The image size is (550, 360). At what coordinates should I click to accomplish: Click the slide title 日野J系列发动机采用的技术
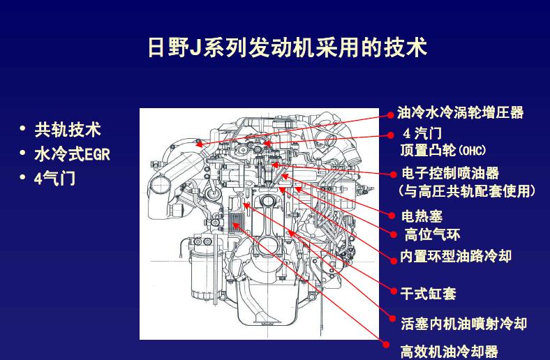[x=287, y=47]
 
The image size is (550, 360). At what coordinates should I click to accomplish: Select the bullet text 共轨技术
[x=68, y=130]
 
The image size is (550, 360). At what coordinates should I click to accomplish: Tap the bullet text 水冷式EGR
[x=72, y=154]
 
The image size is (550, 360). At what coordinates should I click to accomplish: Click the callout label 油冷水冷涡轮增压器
[x=460, y=112]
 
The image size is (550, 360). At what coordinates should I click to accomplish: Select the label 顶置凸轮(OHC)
[x=443, y=150]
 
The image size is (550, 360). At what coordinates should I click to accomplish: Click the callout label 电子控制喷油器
[x=450, y=174]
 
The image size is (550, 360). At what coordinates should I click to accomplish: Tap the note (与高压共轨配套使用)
[x=466, y=190]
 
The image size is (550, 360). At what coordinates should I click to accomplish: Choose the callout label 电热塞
[x=422, y=217]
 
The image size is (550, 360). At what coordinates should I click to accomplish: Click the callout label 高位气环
[x=432, y=234]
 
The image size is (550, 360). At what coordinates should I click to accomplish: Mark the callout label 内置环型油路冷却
[x=455, y=256]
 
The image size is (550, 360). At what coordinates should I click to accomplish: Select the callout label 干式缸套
[x=428, y=293]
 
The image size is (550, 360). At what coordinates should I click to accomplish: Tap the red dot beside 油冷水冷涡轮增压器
[x=391, y=112]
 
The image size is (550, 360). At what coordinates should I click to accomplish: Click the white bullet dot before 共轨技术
[x=22, y=129]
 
